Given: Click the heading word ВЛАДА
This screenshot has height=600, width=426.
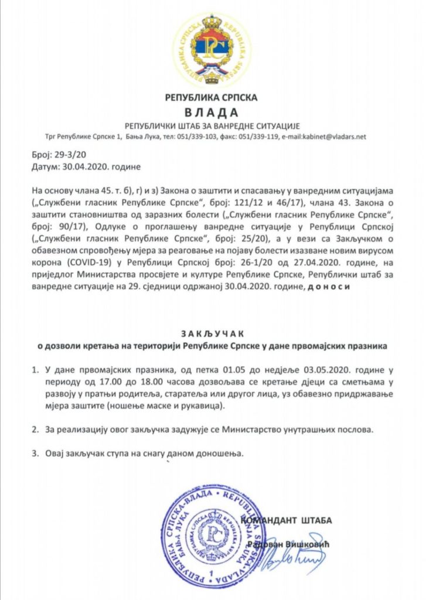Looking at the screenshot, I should pos(212,112).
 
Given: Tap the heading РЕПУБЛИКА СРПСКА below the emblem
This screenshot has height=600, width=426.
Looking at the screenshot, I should pos(212,97).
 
